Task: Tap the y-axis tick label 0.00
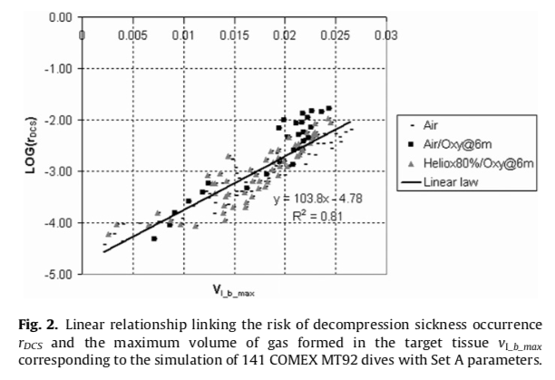click(59, 17)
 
